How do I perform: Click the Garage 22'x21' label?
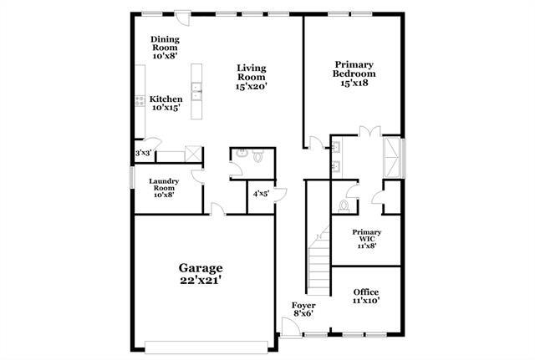tap(200, 273)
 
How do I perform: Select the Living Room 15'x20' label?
tap(250, 78)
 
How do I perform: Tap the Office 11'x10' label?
tap(366, 297)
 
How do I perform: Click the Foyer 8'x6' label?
tap(303, 311)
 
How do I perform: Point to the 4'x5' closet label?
tap(259, 194)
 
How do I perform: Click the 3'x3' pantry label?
tap(144, 154)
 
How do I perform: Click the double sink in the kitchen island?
tap(196, 88)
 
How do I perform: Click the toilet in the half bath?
tap(257, 155)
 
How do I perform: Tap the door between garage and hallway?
tap(217, 211)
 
